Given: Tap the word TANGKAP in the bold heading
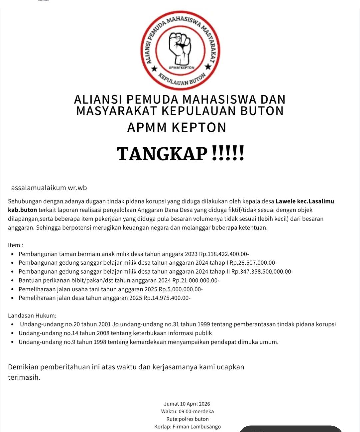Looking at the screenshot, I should click(x=162, y=154).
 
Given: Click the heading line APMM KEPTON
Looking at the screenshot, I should click(x=177, y=128).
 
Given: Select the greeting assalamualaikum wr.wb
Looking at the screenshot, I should click(x=49, y=188).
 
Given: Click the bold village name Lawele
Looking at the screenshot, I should click(x=285, y=201).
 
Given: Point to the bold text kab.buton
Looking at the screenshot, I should click(x=22, y=210).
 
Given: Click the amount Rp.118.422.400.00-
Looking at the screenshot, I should click(x=224, y=254).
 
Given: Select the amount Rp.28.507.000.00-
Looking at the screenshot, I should click(x=253, y=263).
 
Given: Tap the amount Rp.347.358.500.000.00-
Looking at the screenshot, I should click(x=262, y=272).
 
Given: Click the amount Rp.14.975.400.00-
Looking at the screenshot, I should click(x=167, y=298).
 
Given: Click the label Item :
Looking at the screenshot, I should click(x=15, y=245).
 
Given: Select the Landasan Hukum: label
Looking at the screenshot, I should click(x=32, y=316).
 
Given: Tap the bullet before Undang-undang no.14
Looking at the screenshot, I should click(x=12, y=333).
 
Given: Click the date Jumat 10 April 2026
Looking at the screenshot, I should click(x=187, y=404).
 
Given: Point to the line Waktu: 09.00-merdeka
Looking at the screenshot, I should click(x=187, y=412).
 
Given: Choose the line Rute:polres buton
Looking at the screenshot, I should click(x=187, y=419).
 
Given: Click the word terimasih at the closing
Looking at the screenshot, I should click(x=24, y=378).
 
